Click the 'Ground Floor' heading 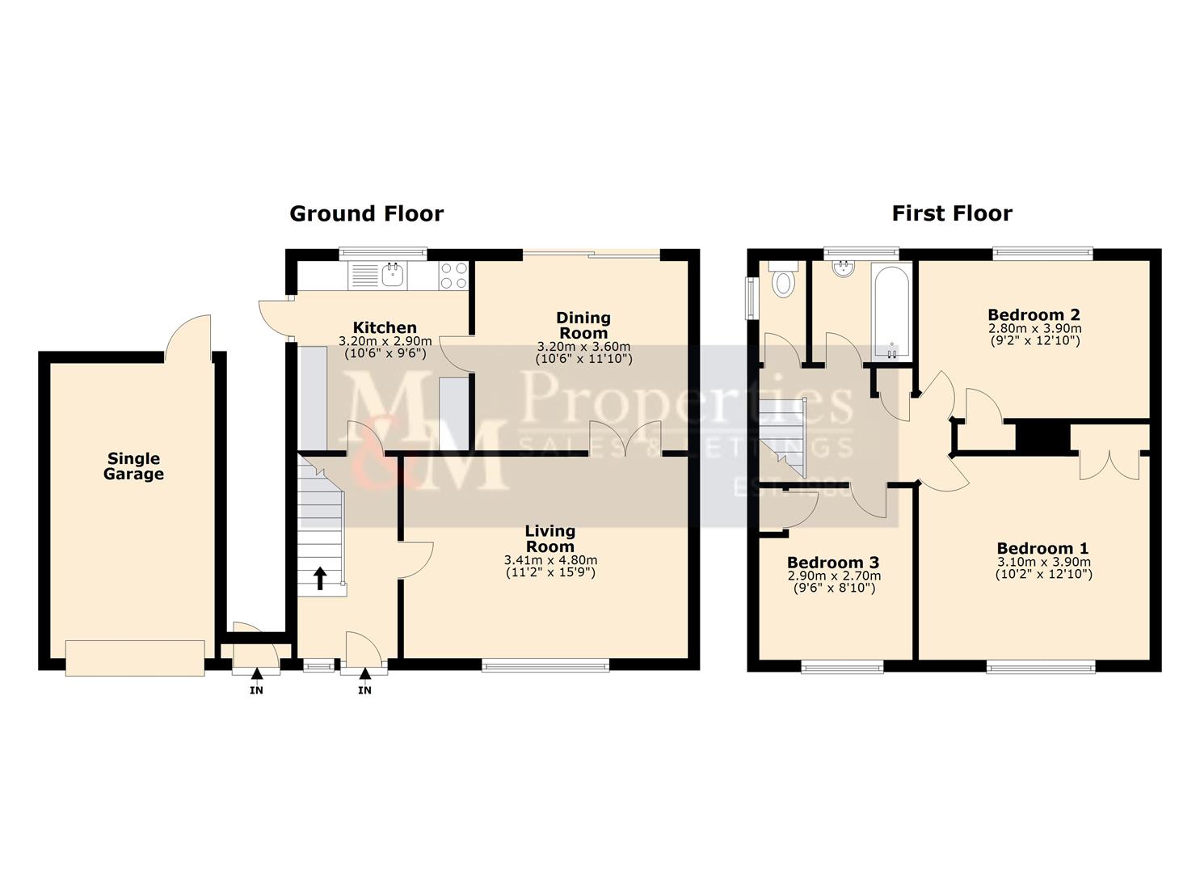point(366,213)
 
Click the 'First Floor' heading point(951,213)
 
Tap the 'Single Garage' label point(133,466)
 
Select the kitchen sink point(393,275)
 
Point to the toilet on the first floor point(783,283)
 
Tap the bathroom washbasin point(844,268)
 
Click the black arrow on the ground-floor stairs point(320,578)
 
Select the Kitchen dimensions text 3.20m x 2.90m point(385,341)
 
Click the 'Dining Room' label point(583,325)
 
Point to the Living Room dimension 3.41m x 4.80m point(550,560)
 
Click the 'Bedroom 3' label point(833,563)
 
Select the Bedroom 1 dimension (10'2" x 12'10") point(1043,575)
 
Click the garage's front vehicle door point(135,657)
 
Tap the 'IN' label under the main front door point(364,690)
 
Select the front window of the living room point(545,666)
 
